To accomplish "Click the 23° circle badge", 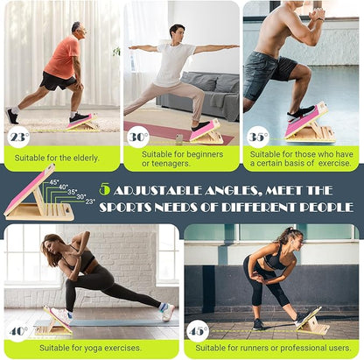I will point(17,136).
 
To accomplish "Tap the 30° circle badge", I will point(137,136).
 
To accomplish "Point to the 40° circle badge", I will point(17,332).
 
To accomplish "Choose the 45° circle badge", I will point(198,332).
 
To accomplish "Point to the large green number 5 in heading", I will point(104,189).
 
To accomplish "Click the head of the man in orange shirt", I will point(76,28).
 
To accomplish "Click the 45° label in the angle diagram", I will point(54,182).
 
